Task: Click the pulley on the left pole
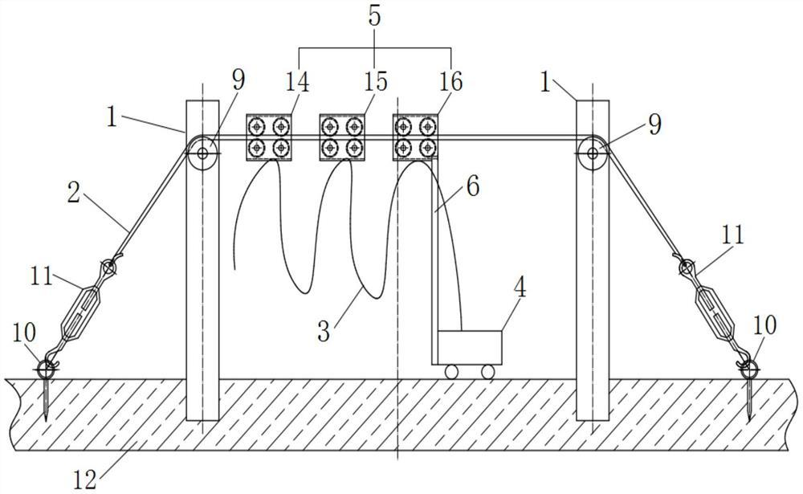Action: tap(202, 150)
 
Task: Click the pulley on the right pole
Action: tap(593, 150)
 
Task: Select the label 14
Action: tap(299, 82)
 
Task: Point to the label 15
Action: tap(374, 82)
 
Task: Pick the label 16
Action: tap(450, 82)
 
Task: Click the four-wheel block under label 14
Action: tap(268, 137)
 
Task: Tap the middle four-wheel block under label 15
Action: tap(341, 137)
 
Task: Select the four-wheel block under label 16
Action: tap(414, 137)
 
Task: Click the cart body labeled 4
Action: tap(470, 345)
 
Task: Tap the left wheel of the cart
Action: tap(451, 370)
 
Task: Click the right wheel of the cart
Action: tap(487, 370)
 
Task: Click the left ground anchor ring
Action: tap(47, 368)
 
